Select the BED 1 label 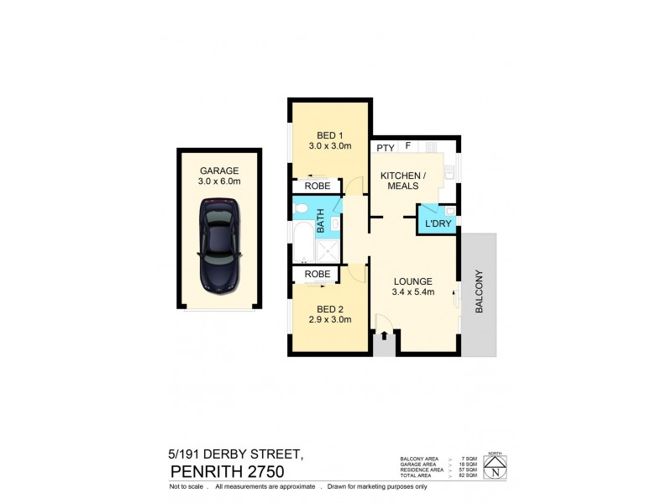[x=329, y=136]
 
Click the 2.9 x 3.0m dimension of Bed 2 [x=329, y=320]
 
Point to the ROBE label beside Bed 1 [x=316, y=187]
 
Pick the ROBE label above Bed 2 [x=316, y=274]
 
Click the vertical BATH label [x=320, y=224]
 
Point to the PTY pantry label [x=386, y=148]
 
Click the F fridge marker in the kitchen [x=408, y=147]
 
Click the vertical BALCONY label [x=480, y=291]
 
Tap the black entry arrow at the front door [x=384, y=336]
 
